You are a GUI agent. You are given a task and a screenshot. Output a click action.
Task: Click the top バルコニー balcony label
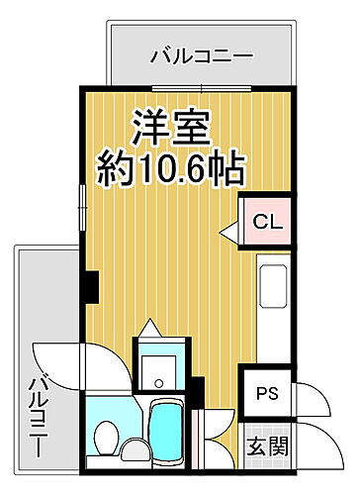pos(202,56)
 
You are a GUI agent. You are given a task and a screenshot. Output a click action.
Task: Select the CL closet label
pos(266,223)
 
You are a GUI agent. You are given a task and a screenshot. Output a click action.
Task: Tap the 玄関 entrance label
pos(267,445)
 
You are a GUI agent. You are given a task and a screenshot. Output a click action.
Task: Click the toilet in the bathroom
pos(105,435)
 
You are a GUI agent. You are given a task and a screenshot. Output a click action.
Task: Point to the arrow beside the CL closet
pos(228,233)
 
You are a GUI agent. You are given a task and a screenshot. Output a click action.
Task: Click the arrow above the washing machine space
pos(148,327)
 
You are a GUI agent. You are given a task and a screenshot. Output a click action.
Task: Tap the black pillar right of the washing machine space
pos(198,391)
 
